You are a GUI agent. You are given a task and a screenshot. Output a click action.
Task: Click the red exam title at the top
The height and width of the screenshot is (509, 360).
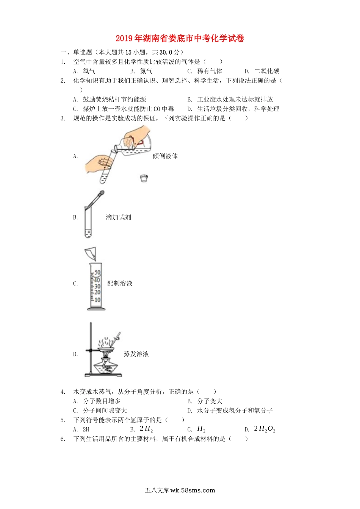180,38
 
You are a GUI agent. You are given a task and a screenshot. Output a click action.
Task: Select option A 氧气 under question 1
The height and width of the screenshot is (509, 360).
84,71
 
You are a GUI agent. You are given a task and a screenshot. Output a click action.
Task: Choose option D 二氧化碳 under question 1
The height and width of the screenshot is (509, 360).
262,71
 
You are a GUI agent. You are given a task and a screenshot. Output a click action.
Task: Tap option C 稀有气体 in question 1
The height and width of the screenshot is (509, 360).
205,71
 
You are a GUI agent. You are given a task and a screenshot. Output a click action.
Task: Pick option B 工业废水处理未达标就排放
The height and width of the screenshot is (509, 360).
230,99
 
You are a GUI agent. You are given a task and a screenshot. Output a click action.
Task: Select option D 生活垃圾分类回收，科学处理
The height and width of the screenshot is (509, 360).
233,109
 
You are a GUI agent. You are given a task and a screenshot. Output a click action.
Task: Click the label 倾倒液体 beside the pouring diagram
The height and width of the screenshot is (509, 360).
165,156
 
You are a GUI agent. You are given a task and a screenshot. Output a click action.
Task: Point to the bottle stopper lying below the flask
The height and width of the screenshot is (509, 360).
144,178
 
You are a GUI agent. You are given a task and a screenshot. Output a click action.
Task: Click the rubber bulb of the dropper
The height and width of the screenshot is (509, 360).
102,194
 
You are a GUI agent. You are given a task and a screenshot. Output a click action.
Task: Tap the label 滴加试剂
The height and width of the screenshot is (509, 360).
119,217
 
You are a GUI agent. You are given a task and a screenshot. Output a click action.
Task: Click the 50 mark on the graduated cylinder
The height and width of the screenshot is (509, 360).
97,272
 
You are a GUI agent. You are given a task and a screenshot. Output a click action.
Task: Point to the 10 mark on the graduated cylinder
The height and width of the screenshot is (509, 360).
97,300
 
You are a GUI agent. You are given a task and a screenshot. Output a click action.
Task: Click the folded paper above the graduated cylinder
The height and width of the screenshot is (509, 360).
91,254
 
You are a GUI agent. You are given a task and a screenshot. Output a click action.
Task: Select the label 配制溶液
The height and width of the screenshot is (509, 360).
120,283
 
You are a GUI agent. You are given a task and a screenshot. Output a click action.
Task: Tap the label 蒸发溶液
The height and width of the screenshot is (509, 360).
136,354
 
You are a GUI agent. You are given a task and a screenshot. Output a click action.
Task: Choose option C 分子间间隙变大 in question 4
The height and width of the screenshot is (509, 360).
100,411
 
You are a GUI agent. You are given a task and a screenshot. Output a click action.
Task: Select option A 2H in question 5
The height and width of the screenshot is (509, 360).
81,429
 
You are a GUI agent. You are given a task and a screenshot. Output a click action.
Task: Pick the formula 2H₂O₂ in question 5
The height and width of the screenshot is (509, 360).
265,429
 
